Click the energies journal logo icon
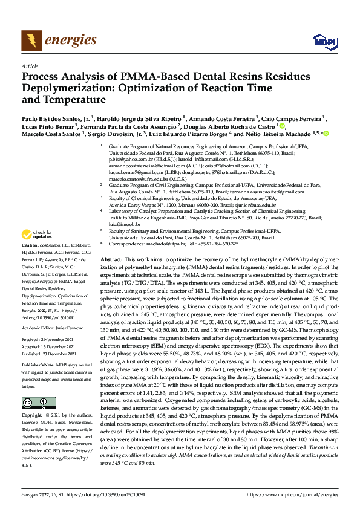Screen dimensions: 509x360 tap(29, 41)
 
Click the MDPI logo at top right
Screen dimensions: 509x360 tap(320, 41)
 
